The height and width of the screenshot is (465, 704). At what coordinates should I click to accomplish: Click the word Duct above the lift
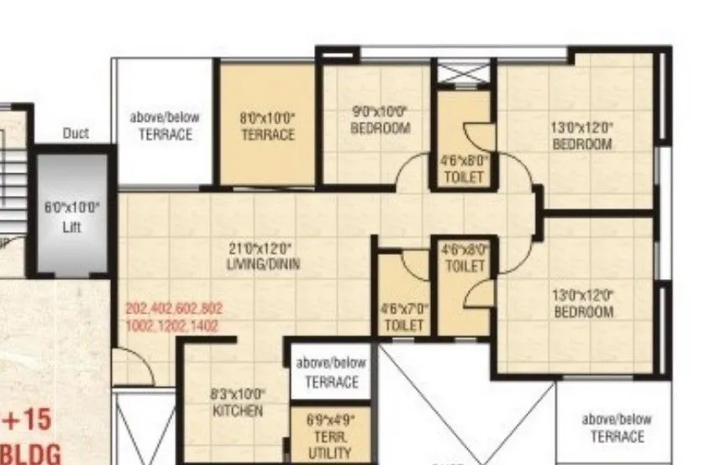76,134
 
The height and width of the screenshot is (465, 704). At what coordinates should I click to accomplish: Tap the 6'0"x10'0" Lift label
72,215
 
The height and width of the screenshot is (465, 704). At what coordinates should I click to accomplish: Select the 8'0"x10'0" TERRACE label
268,127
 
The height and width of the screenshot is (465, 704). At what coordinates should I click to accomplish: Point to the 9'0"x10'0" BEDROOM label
380,120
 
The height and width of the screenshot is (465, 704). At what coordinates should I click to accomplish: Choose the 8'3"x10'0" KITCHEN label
237,402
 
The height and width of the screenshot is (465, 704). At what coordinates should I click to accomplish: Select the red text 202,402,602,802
175,308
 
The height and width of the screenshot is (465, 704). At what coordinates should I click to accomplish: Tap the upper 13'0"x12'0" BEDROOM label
581,135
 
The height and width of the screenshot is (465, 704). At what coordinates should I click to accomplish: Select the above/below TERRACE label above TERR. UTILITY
331,372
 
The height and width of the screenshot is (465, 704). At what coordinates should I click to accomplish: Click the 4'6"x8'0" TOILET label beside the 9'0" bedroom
463,167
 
